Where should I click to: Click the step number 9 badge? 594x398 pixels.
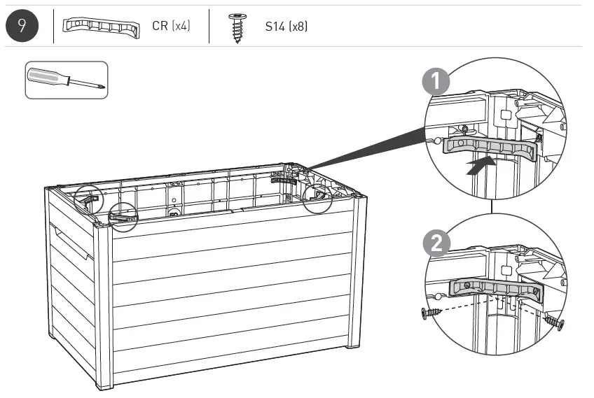tap(24, 27)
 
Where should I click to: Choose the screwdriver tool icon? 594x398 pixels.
tap(67, 80)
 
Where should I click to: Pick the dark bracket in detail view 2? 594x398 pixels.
tap(495, 289)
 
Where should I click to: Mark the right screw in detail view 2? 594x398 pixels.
tap(553, 322)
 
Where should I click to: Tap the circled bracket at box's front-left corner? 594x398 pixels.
tap(123, 218)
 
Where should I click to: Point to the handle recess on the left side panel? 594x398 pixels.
tap(71, 241)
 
